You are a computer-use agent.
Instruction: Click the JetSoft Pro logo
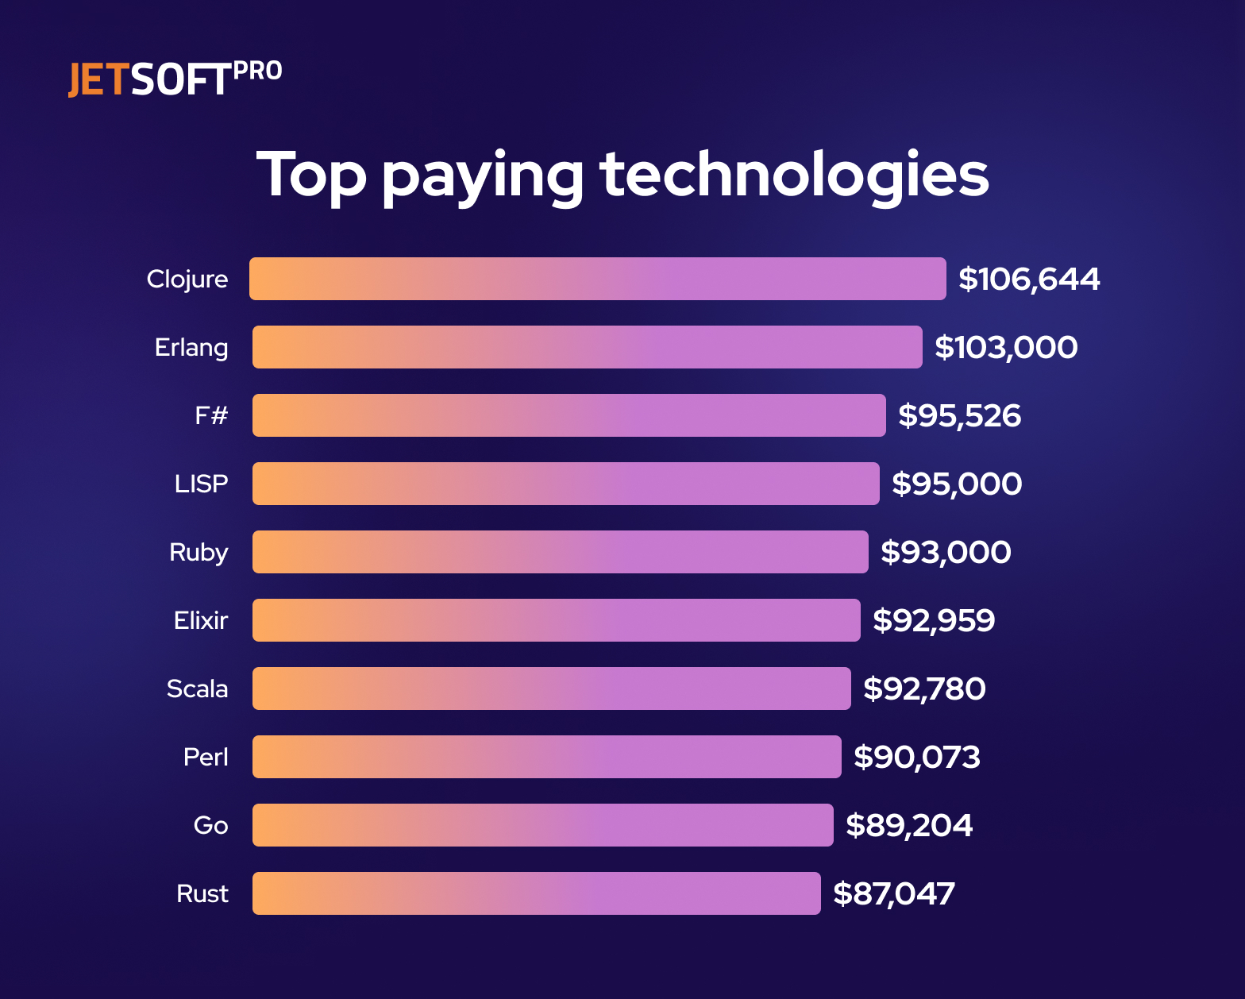click(175, 79)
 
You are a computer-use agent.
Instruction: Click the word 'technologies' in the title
click(794, 175)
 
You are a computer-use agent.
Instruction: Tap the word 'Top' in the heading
click(311, 175)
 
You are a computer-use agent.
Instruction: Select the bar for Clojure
click(597, 279)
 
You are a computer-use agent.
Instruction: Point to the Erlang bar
click(587, 347)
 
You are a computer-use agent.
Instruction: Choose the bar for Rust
click(536, 893)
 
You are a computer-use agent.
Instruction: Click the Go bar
click(542, 825)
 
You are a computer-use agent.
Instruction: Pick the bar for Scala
click(551, 688)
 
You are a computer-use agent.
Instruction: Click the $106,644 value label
click(1029, 279)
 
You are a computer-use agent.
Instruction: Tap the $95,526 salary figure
click(959, 415)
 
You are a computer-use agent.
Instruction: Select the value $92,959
click(934, 620)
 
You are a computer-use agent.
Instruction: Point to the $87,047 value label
click(893, 893)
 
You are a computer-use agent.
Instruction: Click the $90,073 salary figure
click(917, 757)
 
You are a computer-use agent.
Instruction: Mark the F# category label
click(211, 415)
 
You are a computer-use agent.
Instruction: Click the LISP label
click(201, 484)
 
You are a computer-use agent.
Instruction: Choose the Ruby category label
click(199, 552)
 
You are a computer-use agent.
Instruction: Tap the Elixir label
click(201, 620)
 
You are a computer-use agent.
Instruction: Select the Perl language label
click(206, 757)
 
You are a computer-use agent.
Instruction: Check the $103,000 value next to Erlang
click(1006, 347)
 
